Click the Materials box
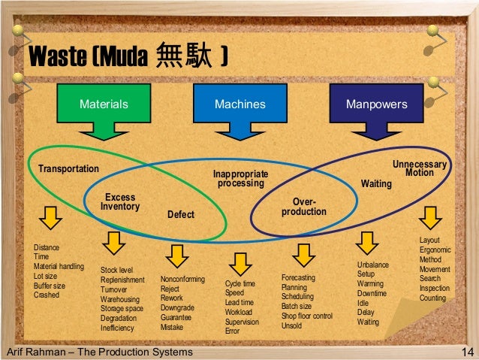click(104, 104)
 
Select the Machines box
click(239, 104)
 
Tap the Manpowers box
click(376, 104)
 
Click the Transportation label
click(69, 168)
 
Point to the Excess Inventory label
click(120, 202)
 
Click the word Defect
click(180, 215)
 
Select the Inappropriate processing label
click(241, 179)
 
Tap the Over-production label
click(304, 207)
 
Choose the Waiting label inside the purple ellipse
click(376, 183)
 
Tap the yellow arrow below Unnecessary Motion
click(430, 218)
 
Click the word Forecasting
click(298, 278)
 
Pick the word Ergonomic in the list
click(435, 250)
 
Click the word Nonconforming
click(182, 279)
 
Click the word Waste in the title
click(57, 57)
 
